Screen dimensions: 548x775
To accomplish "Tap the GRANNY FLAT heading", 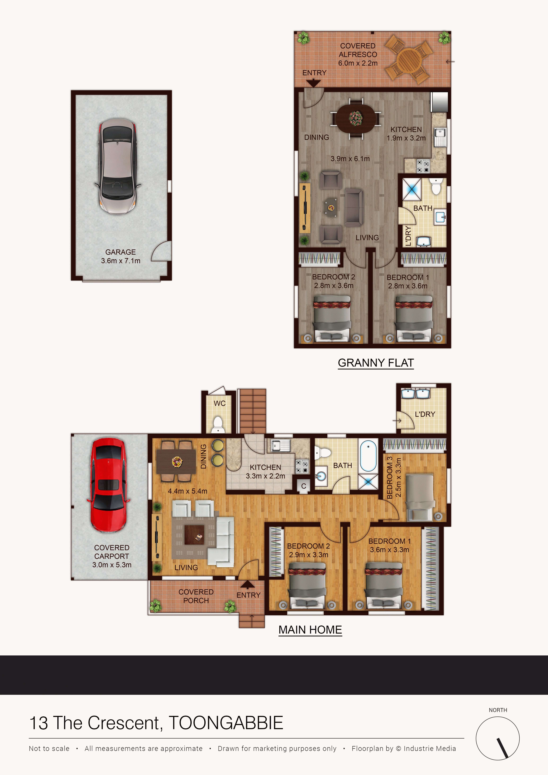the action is (x=376, y=363).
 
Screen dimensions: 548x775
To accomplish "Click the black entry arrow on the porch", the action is (x=247, y=585).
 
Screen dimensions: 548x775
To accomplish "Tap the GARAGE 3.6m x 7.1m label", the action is (x=121, y=256).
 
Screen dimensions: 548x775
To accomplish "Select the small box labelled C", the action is (x=304, y=486).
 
